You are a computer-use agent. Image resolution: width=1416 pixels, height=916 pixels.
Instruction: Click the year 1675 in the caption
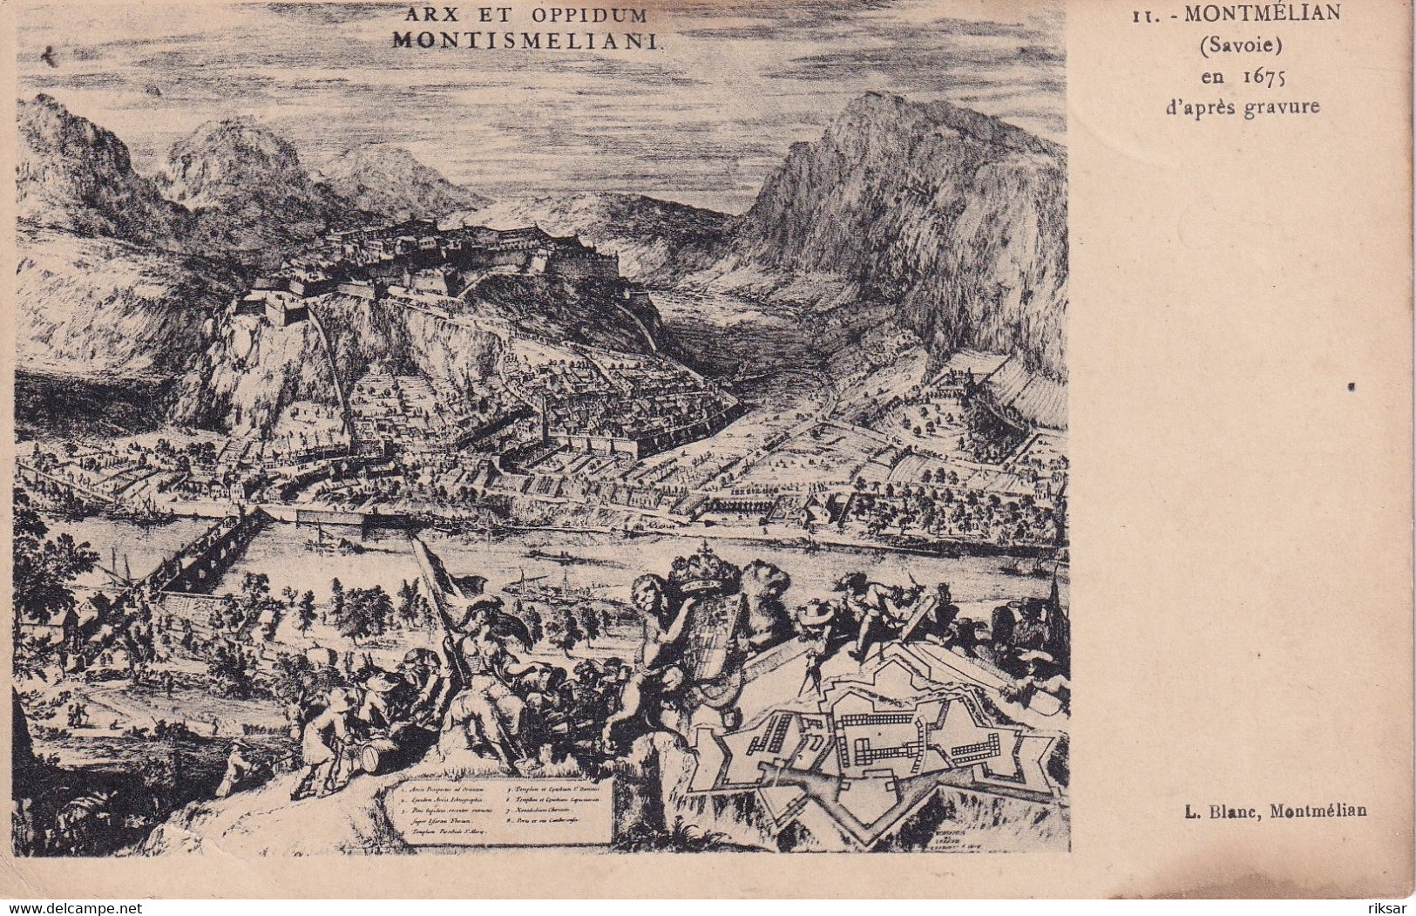[1264, 76]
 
